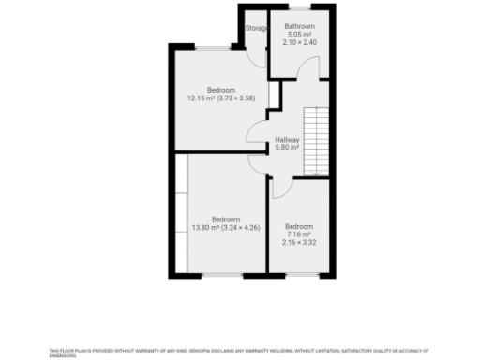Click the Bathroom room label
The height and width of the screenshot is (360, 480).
pyautogui.click(x=300, y=26)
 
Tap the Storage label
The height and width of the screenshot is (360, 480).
pyautogui.click(x=256, y=29)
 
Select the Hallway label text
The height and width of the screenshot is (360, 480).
pyautogui.click(x=287, y=139)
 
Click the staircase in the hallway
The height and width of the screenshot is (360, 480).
pyautogui.click(x=317, y=141)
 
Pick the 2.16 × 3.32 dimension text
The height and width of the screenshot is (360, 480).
pyautogui.click(x=299, y=242)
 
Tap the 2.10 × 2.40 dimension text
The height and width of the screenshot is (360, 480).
pyautogui.click(x=300, y=43)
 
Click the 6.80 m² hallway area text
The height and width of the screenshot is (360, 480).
pyautogui.click(x=287, y=147)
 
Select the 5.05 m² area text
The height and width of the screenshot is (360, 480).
pyautogui.click(x=300, y=35)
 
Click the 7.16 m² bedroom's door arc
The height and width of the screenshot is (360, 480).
pyautogui.click(x=279, y=187)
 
